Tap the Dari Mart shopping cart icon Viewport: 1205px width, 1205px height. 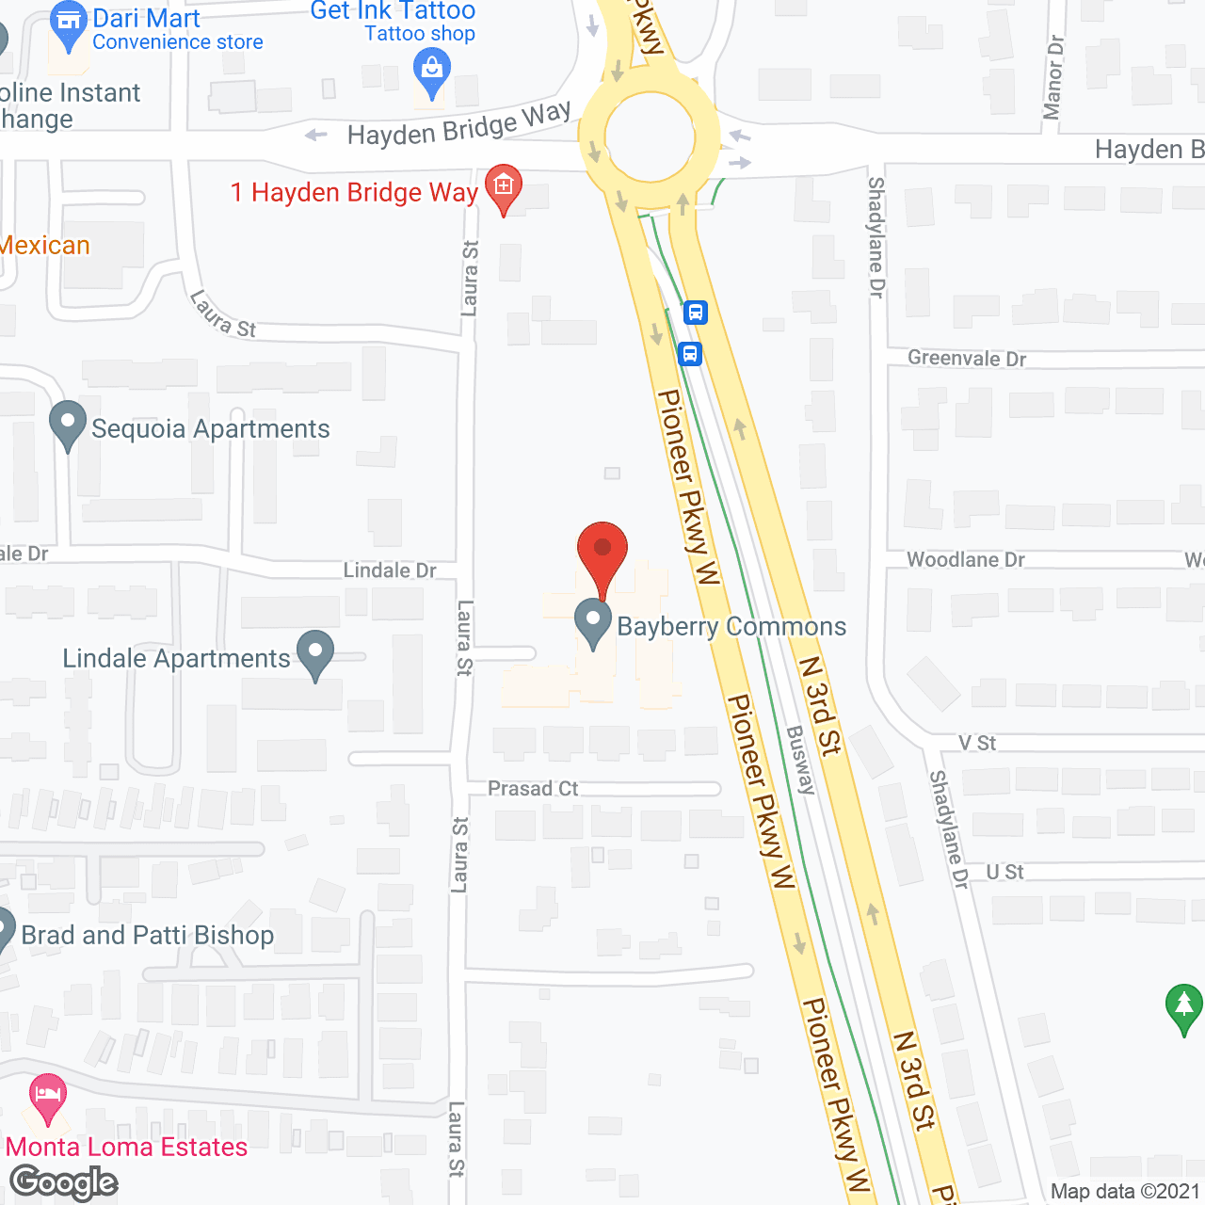click(x=68, y=22)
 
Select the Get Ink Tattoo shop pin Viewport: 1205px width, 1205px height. click(x=432, y=71)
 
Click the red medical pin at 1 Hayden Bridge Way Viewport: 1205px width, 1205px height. click(x=504, y=185)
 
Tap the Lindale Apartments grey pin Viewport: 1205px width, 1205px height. click(x=315, y=652)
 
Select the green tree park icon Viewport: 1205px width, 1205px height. click(x=1183, y=1006)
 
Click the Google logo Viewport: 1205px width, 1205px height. click(x=64, y=1182)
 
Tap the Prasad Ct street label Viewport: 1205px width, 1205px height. click(x=533, y=788)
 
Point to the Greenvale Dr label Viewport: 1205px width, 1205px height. click(x=967, y=359)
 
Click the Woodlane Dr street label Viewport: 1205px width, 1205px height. click(x=966, y=560)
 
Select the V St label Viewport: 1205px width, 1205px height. click(x=977, y=743)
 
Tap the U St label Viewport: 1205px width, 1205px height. click(x=1004, y=873)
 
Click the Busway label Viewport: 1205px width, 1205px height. click(x=800, y=760)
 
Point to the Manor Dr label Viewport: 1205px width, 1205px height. click(x=1053, y=78)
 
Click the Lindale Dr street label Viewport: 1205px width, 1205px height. click(x=390, y=570)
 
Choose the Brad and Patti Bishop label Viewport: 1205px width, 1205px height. click(x=148, y=935)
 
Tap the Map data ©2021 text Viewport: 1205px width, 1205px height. click(x=1125, y=1191)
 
